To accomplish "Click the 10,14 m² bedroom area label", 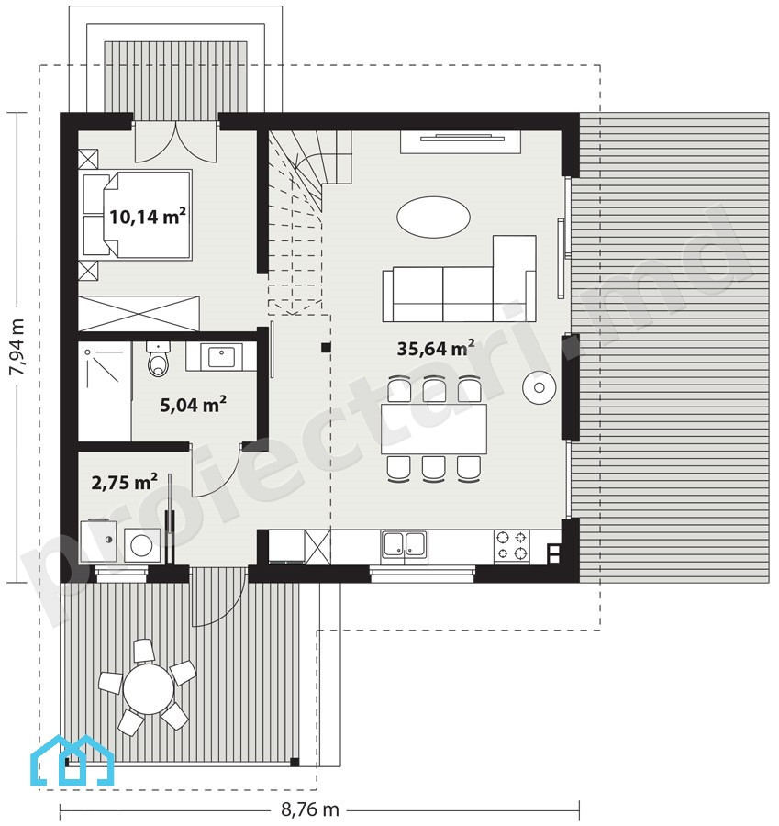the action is point(148,216).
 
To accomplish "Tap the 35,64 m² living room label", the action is point(436,348).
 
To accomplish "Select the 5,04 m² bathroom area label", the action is point(194,405).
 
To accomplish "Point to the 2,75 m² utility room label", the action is point(124,482).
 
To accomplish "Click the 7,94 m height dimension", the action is point(17,347).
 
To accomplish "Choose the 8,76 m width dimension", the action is point(310,809).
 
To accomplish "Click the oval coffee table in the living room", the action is point(433,217).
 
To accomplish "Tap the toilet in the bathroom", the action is point(158,359).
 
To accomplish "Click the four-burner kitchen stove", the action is point(511,545).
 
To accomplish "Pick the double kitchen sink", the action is point(405,544).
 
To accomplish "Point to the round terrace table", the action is point(149,688).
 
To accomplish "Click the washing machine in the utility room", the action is point(142,545).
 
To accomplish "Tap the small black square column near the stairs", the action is point(327,347).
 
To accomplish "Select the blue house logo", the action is point(72,760).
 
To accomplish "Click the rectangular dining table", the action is point(433,429).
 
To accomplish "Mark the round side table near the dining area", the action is point(539,387).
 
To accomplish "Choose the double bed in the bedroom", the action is point(137,215).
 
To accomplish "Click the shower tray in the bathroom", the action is point(105,391).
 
